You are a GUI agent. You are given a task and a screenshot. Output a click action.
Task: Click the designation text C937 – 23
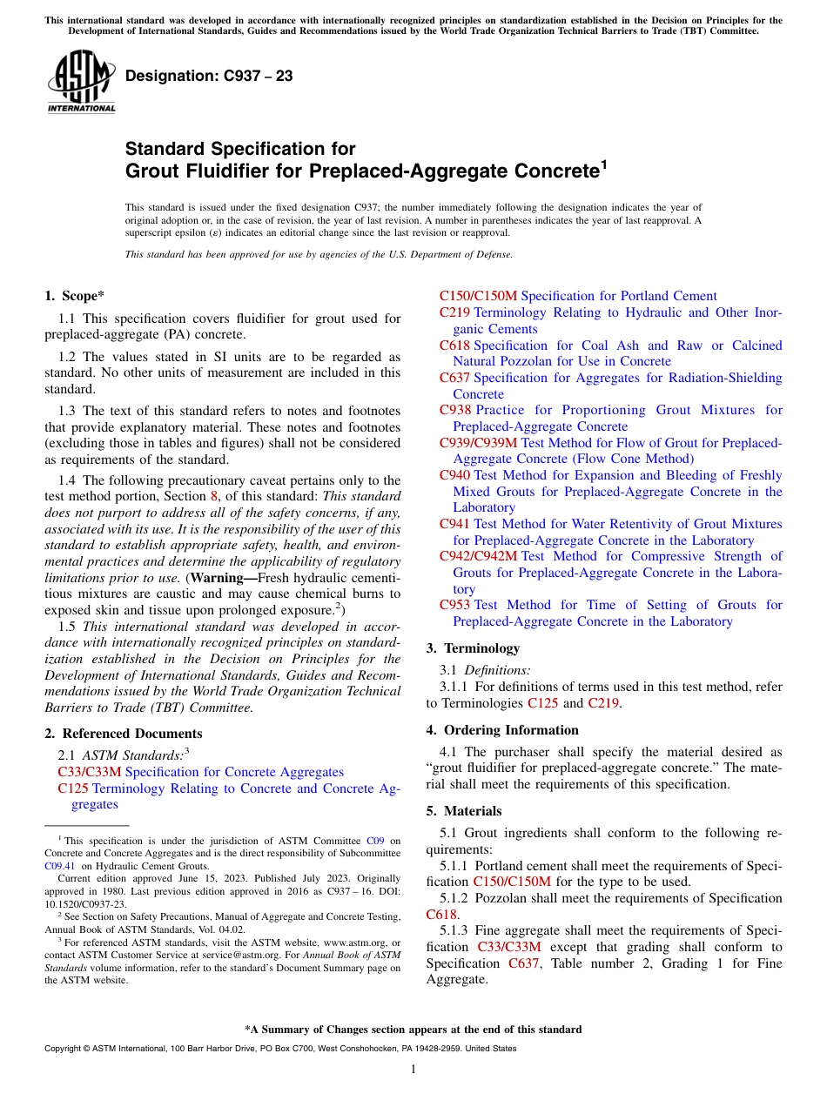point(209,77)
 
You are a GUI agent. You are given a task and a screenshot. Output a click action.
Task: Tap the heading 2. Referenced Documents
point(124,734)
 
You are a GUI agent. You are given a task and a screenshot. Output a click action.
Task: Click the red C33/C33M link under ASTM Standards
point(89,772)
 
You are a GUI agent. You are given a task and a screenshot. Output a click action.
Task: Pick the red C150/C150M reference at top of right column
point(478,297)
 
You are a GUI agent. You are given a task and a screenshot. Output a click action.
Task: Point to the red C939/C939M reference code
point(478,443)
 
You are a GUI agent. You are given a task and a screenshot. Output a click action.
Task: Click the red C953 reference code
point(455,605)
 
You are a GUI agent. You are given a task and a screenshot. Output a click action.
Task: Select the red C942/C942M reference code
point(478,556)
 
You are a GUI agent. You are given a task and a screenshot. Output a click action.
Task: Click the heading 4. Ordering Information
point(502,730)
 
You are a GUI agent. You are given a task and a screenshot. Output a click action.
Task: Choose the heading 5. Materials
point(464,811)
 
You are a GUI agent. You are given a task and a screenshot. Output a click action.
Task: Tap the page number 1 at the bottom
point(413,1070)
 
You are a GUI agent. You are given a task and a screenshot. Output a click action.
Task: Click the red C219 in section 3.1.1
point(603,703)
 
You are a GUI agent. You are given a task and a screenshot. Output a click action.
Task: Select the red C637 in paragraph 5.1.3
point(523,963)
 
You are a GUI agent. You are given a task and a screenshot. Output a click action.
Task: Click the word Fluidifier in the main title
point(216,171)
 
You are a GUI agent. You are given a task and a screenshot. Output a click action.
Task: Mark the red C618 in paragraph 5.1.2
point(442,915)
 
